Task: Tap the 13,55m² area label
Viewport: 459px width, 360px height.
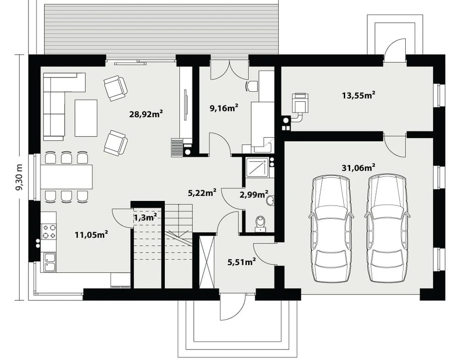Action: tap(359, 95)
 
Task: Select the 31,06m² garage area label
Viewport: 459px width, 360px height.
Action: tap(359, 167)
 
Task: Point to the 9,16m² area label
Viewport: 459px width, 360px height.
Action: tap(224, 108)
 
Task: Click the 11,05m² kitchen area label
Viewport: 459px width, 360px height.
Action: tap(92, 234)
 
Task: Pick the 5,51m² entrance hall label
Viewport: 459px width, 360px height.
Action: tap(242, 262)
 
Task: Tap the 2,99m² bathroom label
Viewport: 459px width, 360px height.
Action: tap(254, 194)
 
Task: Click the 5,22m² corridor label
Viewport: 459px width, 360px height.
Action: tap(202, 193)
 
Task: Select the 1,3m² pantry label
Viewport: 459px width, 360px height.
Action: tap(145, 217)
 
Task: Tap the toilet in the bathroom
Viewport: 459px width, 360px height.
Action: tap(260, 224)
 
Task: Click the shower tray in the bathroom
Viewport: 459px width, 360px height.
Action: tap(257, 167)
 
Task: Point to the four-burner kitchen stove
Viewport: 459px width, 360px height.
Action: tap(49, 231)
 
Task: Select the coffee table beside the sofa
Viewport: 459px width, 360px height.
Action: tap(86, 118)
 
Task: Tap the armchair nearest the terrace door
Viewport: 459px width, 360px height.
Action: tap(116, 88)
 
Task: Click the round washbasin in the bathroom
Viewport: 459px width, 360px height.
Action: tap(270, 200)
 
